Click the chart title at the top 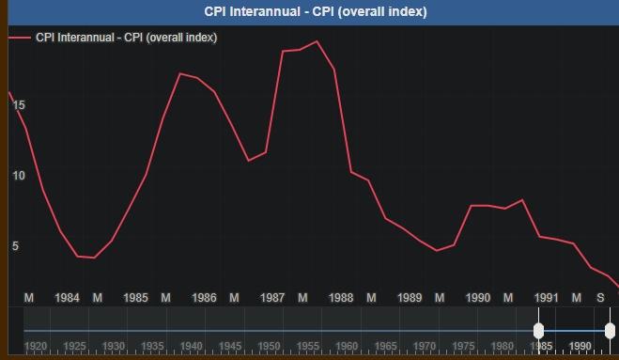[x=316, y=12]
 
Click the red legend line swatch [x=19, y=38]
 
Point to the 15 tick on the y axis [x=19, y=105]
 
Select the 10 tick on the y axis [x=19, y=176]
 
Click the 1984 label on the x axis [x=67, y=298]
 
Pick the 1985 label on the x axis [x=135, y=298]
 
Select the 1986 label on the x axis [x=204, y=298]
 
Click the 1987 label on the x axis [x=272, y=298]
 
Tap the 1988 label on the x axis [x=341, y=298]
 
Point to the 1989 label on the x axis [x=410, y=298]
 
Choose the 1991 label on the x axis [x=547, y=298]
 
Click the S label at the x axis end [x=601, y=298]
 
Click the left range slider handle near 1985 [x=538, y=330]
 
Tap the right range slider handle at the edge [x=611, y=330]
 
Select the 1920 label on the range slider [x=36, y=346]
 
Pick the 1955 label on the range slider [x=308, y=346]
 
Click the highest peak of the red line [x=317, y=41]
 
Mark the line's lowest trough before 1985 [x=95, y=258]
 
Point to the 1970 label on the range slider [x=425, y=346]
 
